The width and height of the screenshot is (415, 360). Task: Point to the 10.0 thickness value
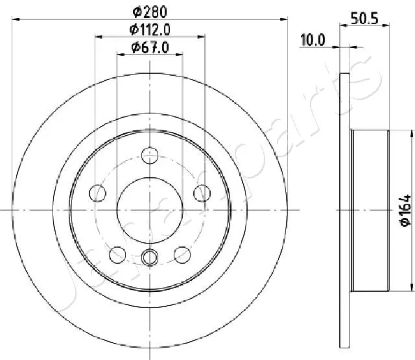coord(313,40)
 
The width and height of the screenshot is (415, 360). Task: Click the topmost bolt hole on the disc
coord(150,155)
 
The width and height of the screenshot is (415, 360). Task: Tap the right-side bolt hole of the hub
coord(202,193)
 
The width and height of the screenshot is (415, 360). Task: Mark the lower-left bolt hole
coord(118,254)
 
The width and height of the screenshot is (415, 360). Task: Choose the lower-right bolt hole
coord(182,254)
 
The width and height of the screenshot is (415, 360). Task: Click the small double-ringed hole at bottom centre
coord(150,258)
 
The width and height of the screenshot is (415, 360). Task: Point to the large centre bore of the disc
coord(150,210)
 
